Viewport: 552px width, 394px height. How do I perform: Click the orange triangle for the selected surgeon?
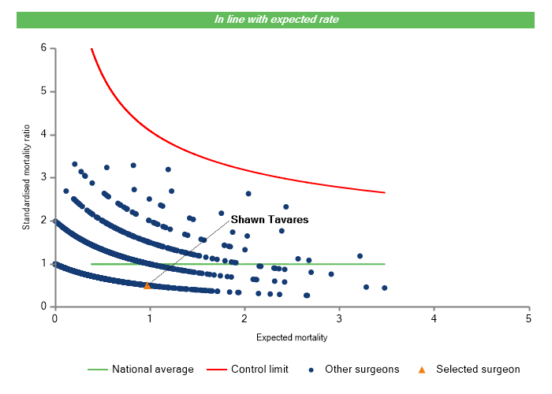tap(147, 285)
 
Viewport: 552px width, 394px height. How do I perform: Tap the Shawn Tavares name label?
tap(269, 220)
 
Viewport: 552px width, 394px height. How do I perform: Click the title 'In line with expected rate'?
tap(276, 20)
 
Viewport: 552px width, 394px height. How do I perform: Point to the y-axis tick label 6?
tap(43, 48)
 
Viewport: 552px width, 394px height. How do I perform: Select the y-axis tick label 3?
tap(43, 177)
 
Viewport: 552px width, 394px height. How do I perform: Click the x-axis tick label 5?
tap(528, 318)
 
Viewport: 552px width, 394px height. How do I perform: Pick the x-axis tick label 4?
tap(434, 318)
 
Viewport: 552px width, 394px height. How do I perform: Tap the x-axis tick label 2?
tap(244, 318)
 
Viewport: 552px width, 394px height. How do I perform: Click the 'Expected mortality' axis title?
tap(291, 338)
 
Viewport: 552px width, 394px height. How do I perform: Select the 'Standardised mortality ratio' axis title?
tap(26, 177)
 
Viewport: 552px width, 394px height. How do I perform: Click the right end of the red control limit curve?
tap(385, 192)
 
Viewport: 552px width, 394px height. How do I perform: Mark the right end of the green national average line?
tap(385, 264)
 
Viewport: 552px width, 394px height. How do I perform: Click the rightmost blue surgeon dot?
tap(384, 288)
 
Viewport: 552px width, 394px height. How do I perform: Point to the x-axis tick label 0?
tap(54, 318)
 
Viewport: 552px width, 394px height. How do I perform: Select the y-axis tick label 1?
tap(43, 264)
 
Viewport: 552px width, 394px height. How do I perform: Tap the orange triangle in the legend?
tap(421, 369)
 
